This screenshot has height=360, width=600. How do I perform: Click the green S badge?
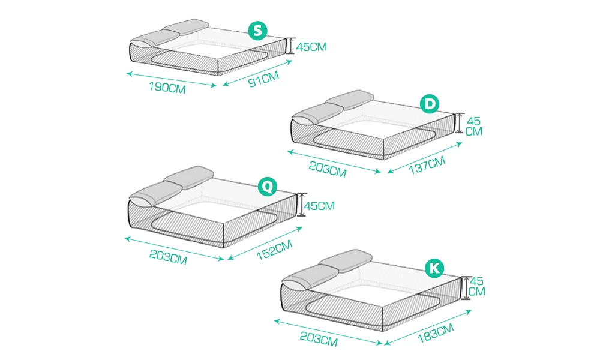click(257, 31)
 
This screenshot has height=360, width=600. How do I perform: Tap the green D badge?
click(429, 104)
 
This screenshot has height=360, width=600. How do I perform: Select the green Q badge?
click(266, 187)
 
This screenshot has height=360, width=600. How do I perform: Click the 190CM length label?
click(167, 88)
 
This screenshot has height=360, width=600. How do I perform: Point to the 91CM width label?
click(265, 79)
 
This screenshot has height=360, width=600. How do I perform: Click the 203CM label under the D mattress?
click(328, 170)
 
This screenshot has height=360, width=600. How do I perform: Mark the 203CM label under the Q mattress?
click(169, 259)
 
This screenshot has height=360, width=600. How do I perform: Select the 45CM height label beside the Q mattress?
click(319, 206)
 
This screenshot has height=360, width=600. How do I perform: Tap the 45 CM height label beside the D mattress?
click(474, 126)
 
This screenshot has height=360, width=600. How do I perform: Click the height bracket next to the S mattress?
click(290, 46)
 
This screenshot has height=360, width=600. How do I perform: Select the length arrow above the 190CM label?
click(172, 79)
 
